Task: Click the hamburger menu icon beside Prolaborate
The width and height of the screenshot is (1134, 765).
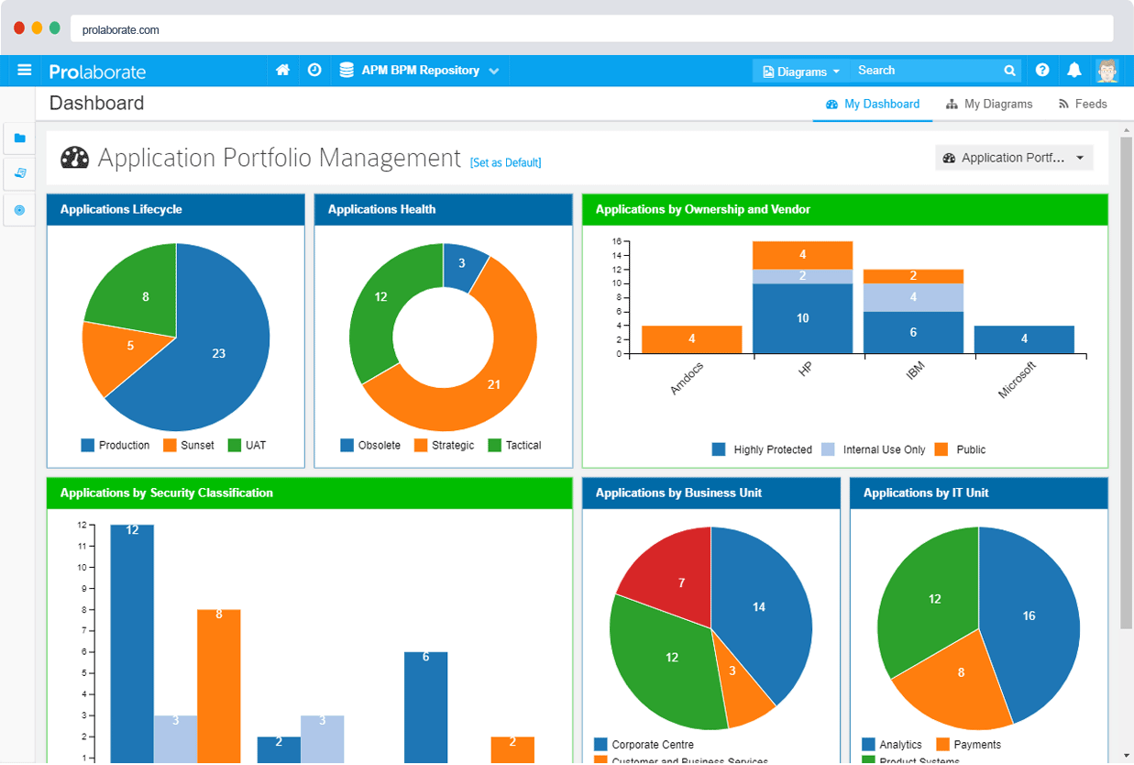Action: point(25,71)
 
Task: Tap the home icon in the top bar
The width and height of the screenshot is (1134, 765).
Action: point(283,71)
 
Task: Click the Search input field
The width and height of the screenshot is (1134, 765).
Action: point(926,71)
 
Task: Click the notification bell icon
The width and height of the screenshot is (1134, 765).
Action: point(1074,71)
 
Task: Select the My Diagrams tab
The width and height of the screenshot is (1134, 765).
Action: point(989,105)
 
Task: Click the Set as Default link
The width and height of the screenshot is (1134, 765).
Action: point(505,163)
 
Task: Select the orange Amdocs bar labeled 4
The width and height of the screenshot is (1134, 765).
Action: point(691,339)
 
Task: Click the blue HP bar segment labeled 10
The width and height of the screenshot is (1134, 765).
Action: point(802,318)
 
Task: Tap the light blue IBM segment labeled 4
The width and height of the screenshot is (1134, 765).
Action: point(913,297)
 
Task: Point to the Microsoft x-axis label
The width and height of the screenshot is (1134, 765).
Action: point(1018,380)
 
